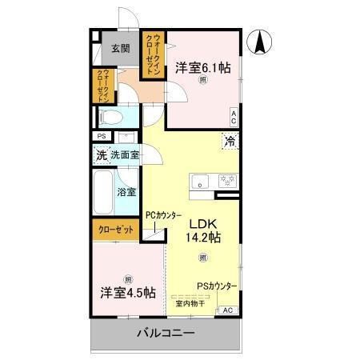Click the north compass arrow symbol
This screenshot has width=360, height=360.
tap(261, 42)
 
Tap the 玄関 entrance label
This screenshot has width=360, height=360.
tap(120, 48)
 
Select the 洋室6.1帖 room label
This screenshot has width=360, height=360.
tap(202, 69)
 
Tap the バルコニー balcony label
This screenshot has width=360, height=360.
tap(165, 332)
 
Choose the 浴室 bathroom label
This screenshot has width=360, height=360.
tap(126, 192)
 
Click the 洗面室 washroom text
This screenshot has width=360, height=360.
tap(126, 155)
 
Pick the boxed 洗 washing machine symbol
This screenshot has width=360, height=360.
tap(102, 155)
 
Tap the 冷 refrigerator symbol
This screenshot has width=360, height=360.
tap(230, 142)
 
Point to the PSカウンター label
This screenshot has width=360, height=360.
tap(217, 286)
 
